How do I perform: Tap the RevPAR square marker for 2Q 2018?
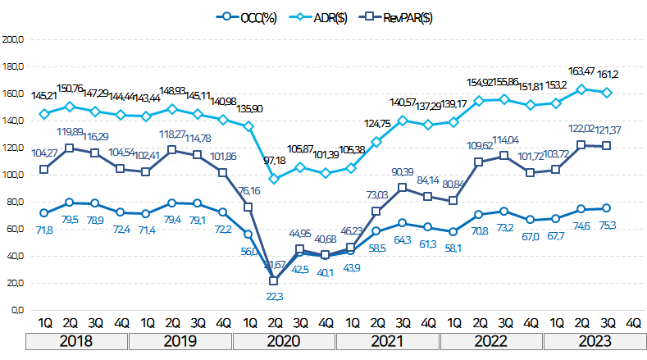(70, 148)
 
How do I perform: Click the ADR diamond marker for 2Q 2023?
(582, 89)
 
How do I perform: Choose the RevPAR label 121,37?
(608, 130)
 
